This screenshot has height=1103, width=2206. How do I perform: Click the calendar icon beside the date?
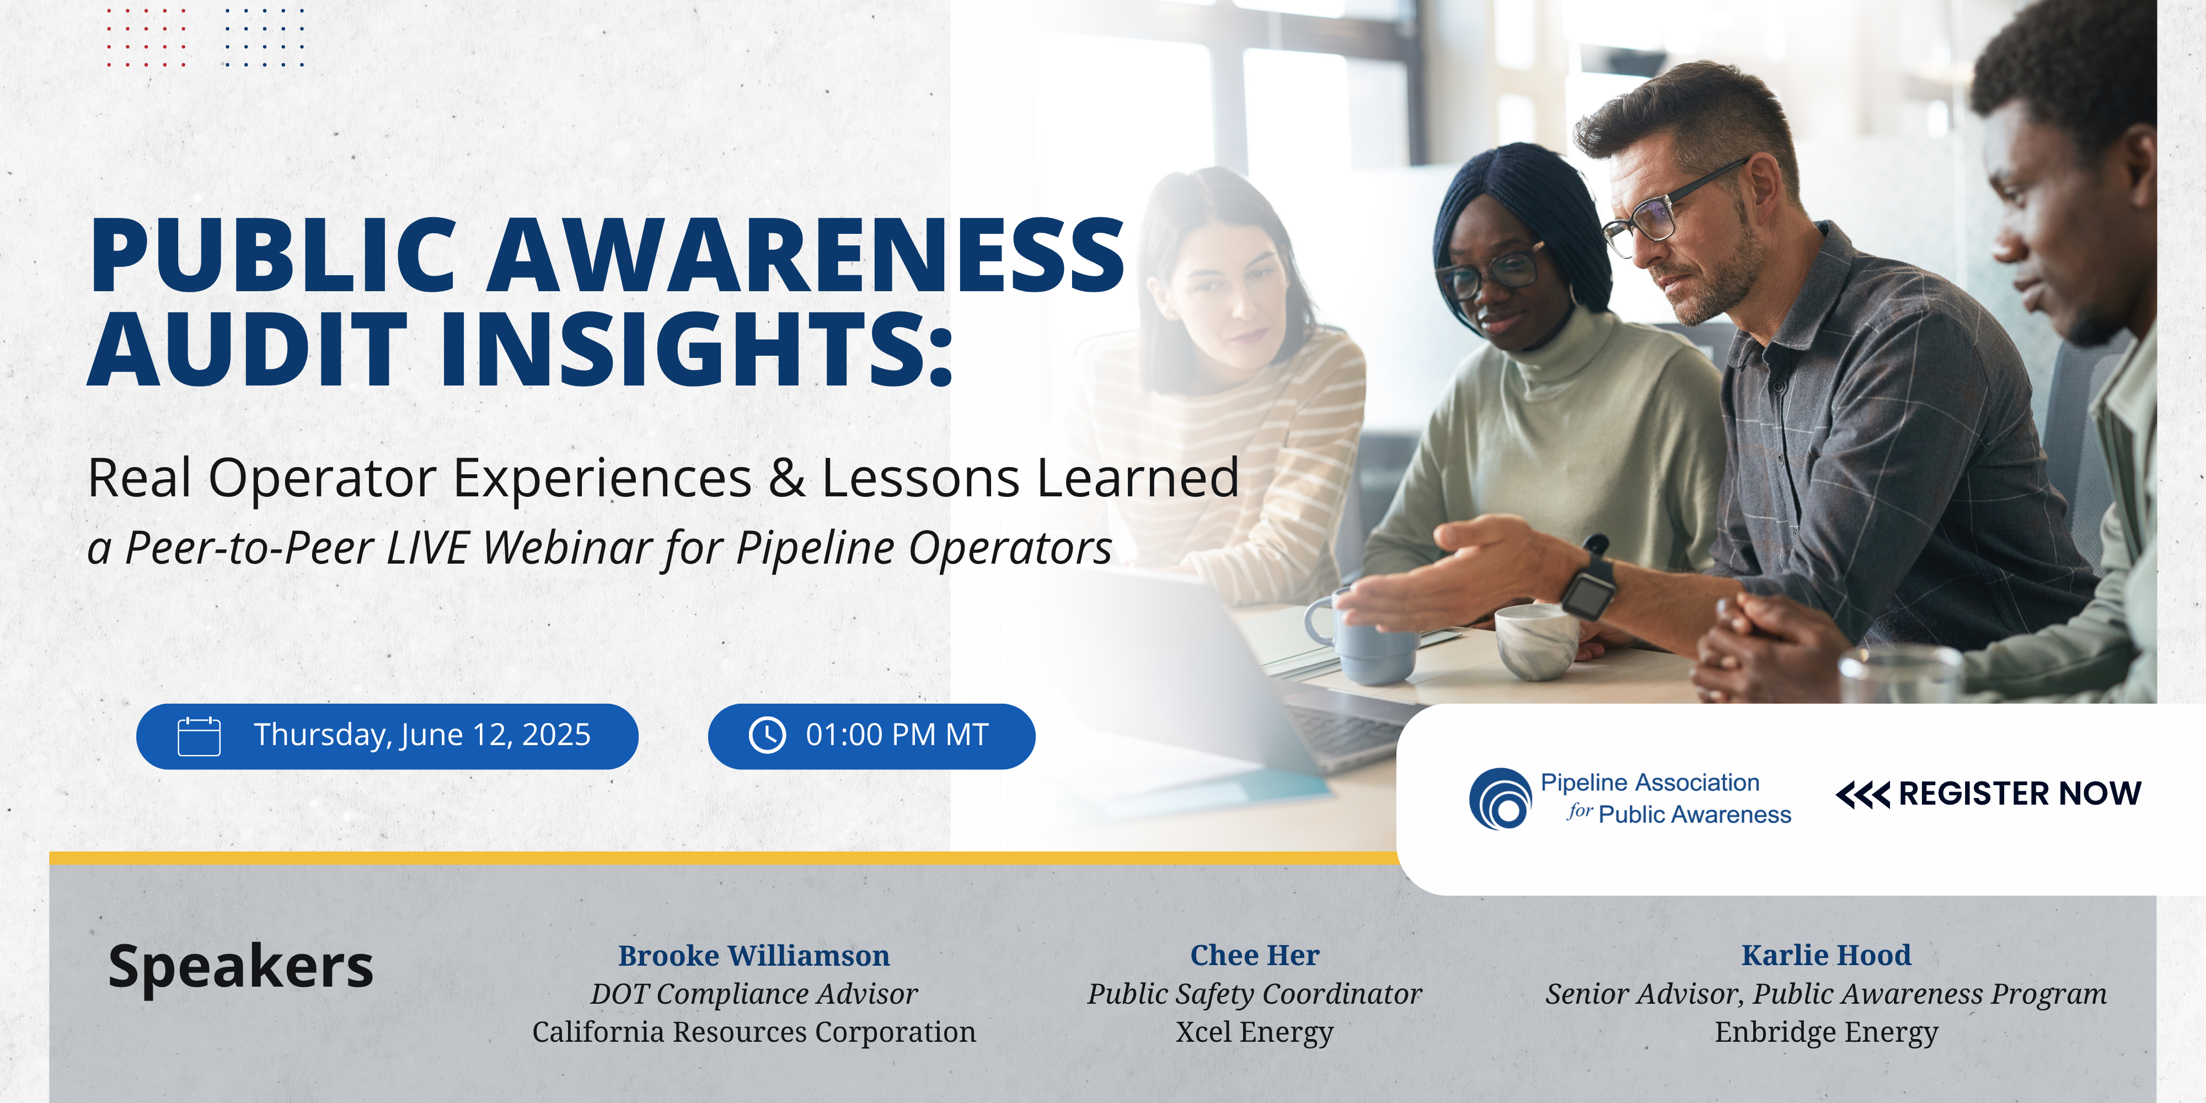point(199,736)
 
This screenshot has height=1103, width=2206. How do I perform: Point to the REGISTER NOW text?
point(2019,794)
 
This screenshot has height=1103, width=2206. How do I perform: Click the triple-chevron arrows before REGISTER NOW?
point(1862,795)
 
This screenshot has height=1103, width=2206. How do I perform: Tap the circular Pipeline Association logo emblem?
point(1500,798)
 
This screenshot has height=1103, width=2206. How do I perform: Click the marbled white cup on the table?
point(1536,640)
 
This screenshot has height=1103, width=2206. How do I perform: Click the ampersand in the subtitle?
point(786,478)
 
